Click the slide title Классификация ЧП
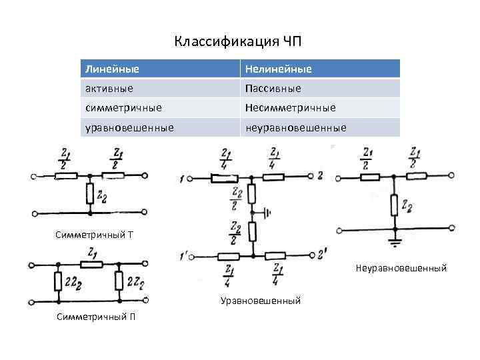239,42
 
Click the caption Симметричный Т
94,235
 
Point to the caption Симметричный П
97,316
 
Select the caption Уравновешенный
261,301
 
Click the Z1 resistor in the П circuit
91,265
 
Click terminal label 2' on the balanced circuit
323,253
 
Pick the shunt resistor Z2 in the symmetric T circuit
90,195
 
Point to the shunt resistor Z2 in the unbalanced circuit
395,205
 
